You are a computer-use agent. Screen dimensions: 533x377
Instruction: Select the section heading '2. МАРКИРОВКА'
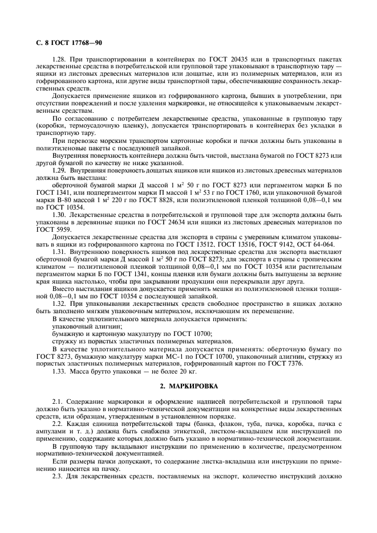pos(188,386)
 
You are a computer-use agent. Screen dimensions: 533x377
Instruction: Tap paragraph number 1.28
pos(60,60)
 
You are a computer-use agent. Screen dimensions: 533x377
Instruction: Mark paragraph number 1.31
pos(60,251)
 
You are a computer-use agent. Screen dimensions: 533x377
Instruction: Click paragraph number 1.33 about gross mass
pos(60,371)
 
